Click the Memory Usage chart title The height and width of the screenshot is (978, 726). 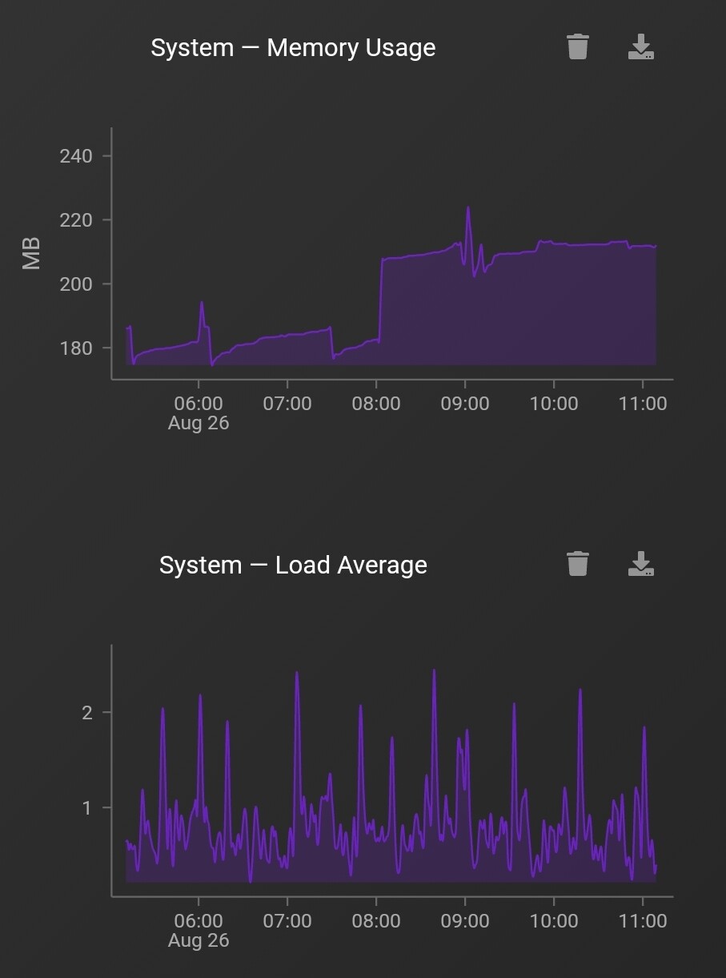[x=293, y=48]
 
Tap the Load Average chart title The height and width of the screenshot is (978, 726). [x=293, y=565]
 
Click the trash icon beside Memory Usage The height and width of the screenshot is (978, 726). [x=577, y=47]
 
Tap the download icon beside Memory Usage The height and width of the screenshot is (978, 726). [x=640, y=48]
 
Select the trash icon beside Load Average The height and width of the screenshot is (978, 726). [x=577, y=564]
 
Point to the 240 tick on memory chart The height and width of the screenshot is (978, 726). [x=76, y=156]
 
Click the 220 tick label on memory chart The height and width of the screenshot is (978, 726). [x=76, y=220]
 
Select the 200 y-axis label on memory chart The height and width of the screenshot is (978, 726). [x=76, y=284]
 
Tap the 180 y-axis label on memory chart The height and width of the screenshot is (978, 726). [x=76, y=348]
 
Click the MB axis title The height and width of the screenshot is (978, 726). [x=31, y=253]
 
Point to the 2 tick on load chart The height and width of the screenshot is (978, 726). [x=86, y=712]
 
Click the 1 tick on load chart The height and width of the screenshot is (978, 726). [x=86, y=807]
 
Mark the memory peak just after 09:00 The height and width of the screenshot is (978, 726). [x=468, y=208]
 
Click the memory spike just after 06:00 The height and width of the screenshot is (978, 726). [x=202, y=303]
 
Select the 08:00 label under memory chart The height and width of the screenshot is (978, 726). [x=376, y=404]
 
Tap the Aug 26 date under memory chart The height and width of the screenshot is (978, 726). [x=199, y=423]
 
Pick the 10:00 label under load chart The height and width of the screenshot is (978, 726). [x=554, y=921]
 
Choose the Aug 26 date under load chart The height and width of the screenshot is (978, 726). [x=199, y=940]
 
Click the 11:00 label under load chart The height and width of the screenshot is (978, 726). [x=643, y=921]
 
